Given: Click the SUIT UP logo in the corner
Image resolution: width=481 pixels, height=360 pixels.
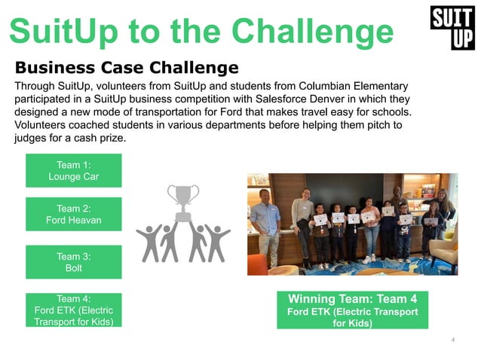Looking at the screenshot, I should tap(452, 27).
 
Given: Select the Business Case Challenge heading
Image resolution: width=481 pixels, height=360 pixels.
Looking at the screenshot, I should tap(127, 68).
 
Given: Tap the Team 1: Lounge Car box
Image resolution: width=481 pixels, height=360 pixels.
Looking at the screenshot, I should tap(74, 171).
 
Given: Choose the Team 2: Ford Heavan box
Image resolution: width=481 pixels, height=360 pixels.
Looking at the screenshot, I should tap(74, 215).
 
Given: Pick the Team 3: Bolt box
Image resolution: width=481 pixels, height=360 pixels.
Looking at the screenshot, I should tap(74, 262).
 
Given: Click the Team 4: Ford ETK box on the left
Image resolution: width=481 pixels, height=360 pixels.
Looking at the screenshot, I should tap(74, 310).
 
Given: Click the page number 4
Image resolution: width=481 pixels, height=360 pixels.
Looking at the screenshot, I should tap(452, 340).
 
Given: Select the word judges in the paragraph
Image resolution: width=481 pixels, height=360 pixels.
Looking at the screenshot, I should tap(32, 139).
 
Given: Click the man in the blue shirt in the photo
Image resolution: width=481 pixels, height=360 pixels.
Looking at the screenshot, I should tap(265, 222).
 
